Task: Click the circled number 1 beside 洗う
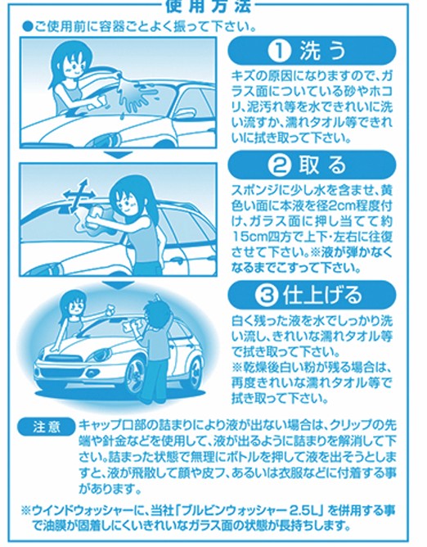(279, 52)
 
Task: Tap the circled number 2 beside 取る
(279, 165)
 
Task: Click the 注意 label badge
(47, 427)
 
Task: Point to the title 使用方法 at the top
(209, 6)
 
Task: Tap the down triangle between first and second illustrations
(119, 155)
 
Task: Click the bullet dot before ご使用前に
(27, 26)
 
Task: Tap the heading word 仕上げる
(322, 295)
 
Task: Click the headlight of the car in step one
(106, 141)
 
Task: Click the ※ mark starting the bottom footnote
(26, 511)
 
